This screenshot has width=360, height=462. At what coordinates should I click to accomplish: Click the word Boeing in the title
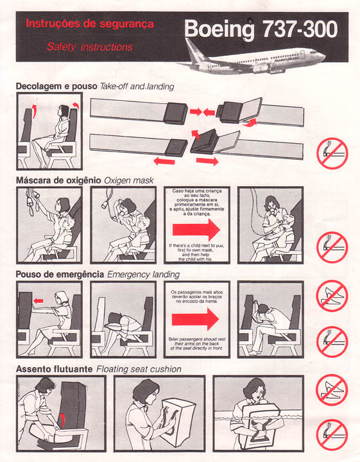tap(219, 30)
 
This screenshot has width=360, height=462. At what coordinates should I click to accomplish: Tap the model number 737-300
tap(300, 29)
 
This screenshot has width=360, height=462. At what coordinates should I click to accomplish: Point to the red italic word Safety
tap(61, 47)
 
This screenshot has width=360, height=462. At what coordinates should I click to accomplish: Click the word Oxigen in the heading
tap(117, 180)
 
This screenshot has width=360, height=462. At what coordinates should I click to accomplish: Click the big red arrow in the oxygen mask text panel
tap(196, 230)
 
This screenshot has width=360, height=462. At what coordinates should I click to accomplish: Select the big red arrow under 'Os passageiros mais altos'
tap(195, 320)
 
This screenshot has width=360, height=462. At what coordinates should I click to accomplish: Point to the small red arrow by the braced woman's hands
tap(39, 301)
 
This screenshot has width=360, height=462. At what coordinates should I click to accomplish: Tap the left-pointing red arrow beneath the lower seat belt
tap(164, 161)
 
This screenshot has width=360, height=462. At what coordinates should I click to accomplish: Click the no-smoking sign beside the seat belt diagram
tap(332, 153)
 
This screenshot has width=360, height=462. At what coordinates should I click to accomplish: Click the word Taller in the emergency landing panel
tap(173, 339)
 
